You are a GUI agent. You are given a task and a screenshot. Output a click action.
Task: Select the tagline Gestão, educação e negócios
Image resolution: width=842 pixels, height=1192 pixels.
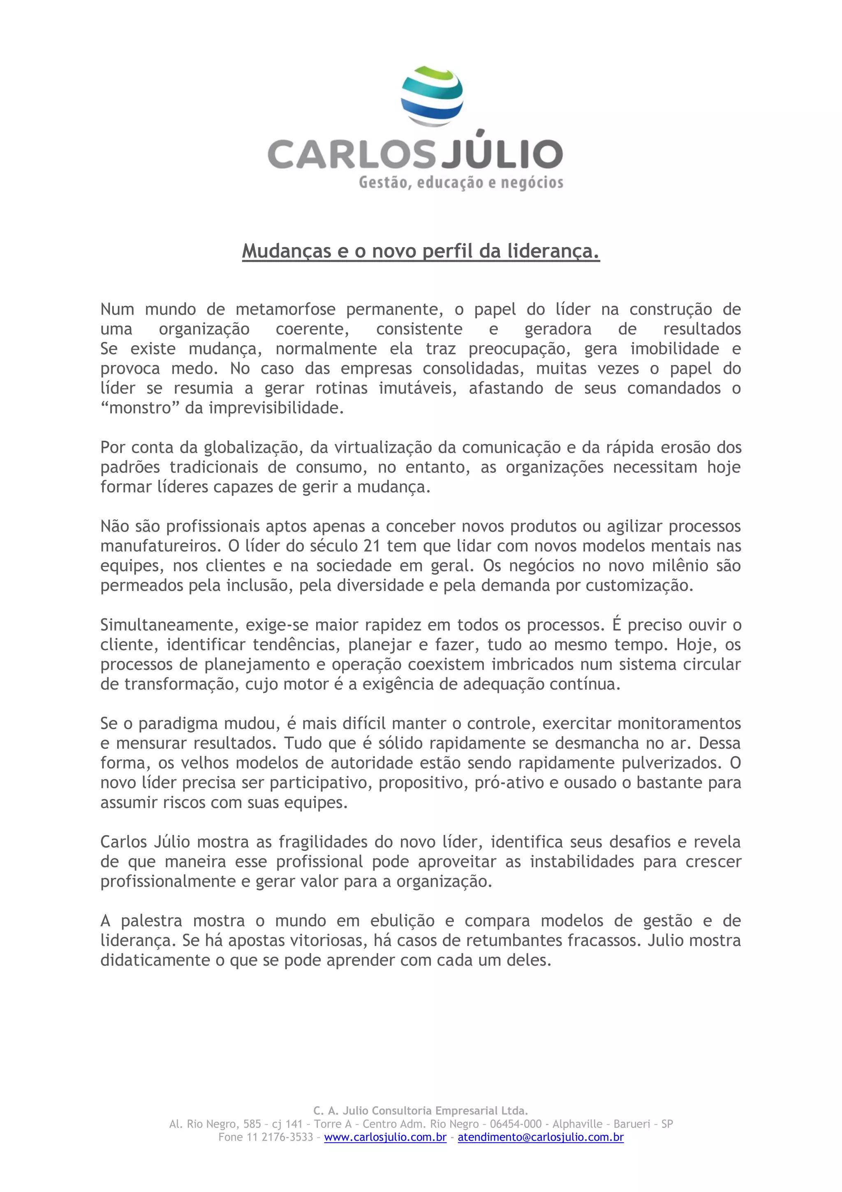(x=461, y=183)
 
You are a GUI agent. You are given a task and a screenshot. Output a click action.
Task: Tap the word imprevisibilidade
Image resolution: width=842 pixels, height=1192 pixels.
(x=276, y=408)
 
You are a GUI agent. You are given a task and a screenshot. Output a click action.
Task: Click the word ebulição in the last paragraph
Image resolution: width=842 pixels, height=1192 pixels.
(x=402, y=921)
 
